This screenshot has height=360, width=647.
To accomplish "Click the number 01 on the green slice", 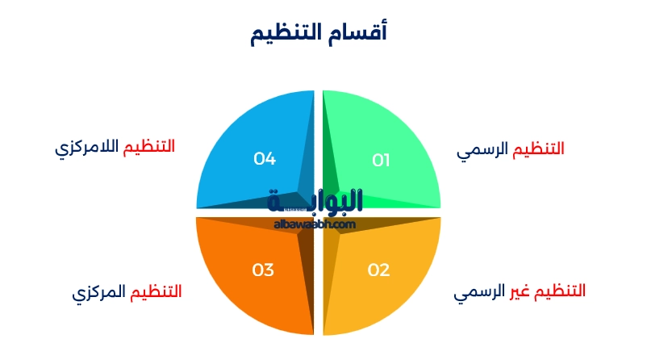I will coord(381,161).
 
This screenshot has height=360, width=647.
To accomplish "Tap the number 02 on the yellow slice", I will coord(379,270).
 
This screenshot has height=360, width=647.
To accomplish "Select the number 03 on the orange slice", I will coord(263,270).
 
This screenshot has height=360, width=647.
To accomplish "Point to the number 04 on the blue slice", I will coord(265,158).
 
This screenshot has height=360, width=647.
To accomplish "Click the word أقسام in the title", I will coord(364,32).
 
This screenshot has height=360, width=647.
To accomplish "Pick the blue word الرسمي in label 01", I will coord(482,150).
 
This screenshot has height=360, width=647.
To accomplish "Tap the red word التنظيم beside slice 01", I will coord(539,149).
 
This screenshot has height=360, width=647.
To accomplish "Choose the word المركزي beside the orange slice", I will coord(100,292).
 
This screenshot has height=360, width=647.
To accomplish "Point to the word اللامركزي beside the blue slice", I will coord(86,149).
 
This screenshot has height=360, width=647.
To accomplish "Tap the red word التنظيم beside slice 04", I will coord(148,147).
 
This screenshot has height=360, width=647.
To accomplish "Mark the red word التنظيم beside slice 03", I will coord(156,291).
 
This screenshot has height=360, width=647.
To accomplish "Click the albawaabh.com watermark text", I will coord(315,224).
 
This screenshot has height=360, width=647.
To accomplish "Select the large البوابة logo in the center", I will coord(315,200).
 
